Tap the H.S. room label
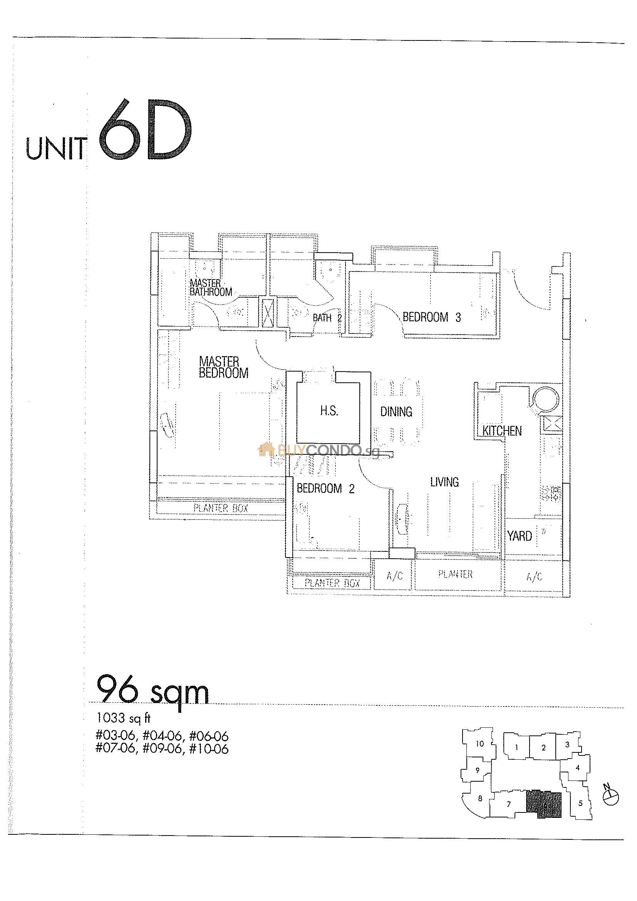click(x=329, y=411)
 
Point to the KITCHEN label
click(x=502, y=431)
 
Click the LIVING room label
click(x=444, y=482)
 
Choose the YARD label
click(x=519, y=536)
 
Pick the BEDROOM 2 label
click(x=325, y=489)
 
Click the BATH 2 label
click(x=327, y=318)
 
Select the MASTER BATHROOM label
click(x=211, y=287)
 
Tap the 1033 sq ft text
click(x=123, y=718)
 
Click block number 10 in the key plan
click(x=479, y=744)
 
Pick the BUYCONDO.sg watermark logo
click(x=318, y=450)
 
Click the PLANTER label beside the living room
click(x=455, y=574)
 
